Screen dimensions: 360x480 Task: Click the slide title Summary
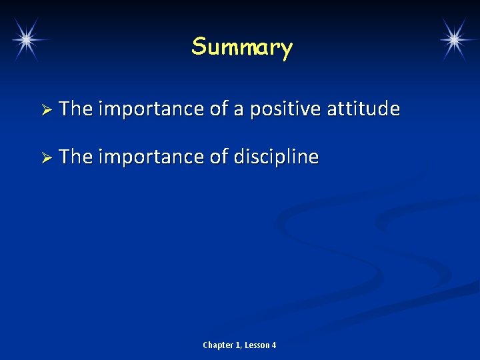point(241,48)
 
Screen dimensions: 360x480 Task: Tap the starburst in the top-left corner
point(26,39)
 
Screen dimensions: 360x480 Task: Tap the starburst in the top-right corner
point(455,39)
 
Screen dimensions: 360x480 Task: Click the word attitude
point(363,109)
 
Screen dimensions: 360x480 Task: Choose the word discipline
point(276,157)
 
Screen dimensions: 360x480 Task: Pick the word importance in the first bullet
point(151,109)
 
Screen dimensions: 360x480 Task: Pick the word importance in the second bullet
point(151,157)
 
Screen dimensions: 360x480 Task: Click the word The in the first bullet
point(75,109)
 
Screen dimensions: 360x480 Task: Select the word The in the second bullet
point(75,157)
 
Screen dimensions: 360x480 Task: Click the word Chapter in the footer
point(218,345)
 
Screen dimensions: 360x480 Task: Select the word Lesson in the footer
point(257,345)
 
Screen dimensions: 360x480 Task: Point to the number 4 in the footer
point(273,345)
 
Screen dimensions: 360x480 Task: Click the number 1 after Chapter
point(238,345)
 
